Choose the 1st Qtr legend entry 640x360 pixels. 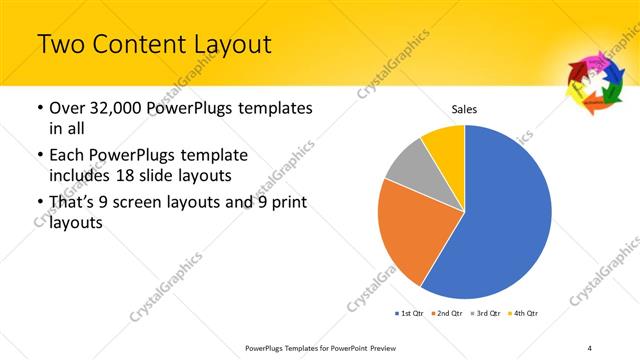point(413,313)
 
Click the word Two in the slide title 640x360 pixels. point(58,45)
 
